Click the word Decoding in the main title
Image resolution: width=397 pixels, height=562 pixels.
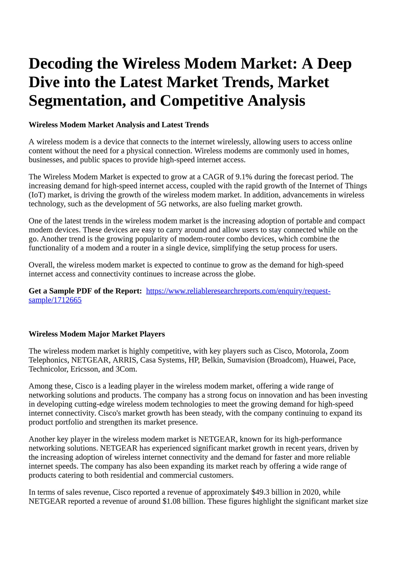61,64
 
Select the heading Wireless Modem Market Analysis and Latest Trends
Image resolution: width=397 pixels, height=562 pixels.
119,125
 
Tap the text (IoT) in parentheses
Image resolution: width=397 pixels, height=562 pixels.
37,195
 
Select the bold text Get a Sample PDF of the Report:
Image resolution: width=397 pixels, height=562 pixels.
85,291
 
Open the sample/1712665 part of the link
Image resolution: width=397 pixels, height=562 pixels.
55,300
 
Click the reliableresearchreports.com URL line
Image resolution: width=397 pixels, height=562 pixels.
238,291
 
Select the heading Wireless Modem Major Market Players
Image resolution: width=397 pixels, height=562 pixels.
97,334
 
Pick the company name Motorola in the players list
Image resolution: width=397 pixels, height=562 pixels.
311,351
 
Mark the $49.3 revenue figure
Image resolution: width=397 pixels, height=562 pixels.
260,492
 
